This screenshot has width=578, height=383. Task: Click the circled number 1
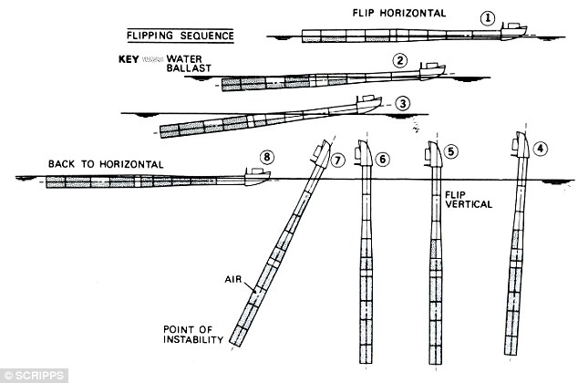click(x=488, y=18)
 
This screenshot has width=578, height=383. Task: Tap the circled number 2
click(x=400, y=60)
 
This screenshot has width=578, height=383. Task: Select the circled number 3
click(x=403, y=104)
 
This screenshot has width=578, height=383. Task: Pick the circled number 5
click(x=451, y=151)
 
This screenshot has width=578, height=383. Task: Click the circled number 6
click(x=382, y=159)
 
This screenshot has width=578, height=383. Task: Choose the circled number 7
click(x=337, y=160)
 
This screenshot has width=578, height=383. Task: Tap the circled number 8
click(x=267, y=157)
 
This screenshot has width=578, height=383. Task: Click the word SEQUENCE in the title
click(x=207, y=36)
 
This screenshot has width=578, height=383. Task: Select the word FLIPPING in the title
click(x=150, y=36)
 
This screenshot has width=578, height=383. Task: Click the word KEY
click(x=129, y=59)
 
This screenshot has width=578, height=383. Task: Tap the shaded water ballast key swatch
click(x=152, y=59)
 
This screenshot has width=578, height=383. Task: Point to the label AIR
click(x=233, y=279)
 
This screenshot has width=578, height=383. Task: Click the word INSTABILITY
click(x=193, y=339)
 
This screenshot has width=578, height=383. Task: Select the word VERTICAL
click(x=469, y=204)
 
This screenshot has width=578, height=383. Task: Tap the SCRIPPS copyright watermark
click(x=34, y=376)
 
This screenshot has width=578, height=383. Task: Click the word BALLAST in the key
click(x=189, y=68)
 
